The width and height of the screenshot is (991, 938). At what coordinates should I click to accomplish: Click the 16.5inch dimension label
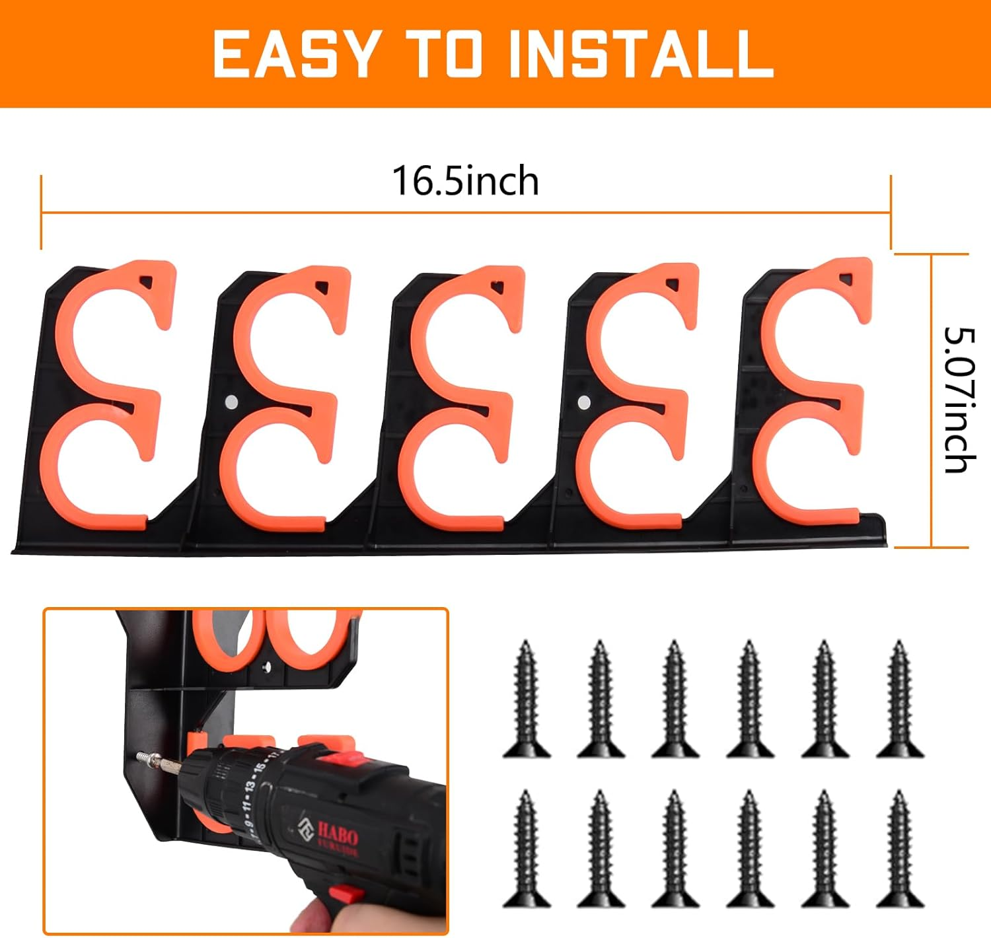(x=465, y=181)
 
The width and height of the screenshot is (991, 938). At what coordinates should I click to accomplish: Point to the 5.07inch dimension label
(x=959, y=400)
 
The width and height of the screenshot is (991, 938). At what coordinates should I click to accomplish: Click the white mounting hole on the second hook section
(x=231, y=400)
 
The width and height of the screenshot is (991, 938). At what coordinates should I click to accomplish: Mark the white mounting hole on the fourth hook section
(x=584, y=402)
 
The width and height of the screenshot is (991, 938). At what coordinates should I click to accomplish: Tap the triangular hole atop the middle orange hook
(x=497, y=287)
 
